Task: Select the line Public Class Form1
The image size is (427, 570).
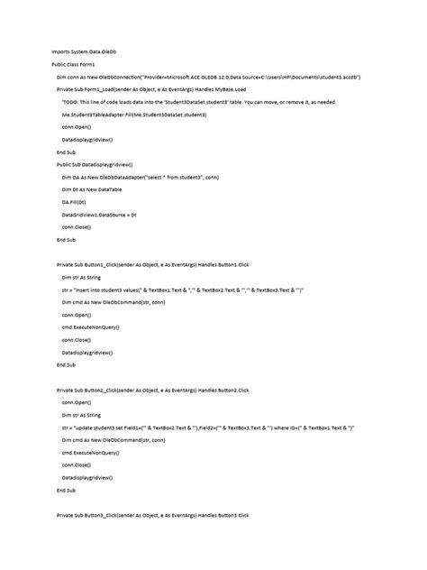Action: pos(73,66)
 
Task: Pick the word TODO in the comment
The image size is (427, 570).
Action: pos(69,103)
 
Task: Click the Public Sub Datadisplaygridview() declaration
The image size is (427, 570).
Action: pos(95,165)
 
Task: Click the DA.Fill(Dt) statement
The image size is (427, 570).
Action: pos(74,203)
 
